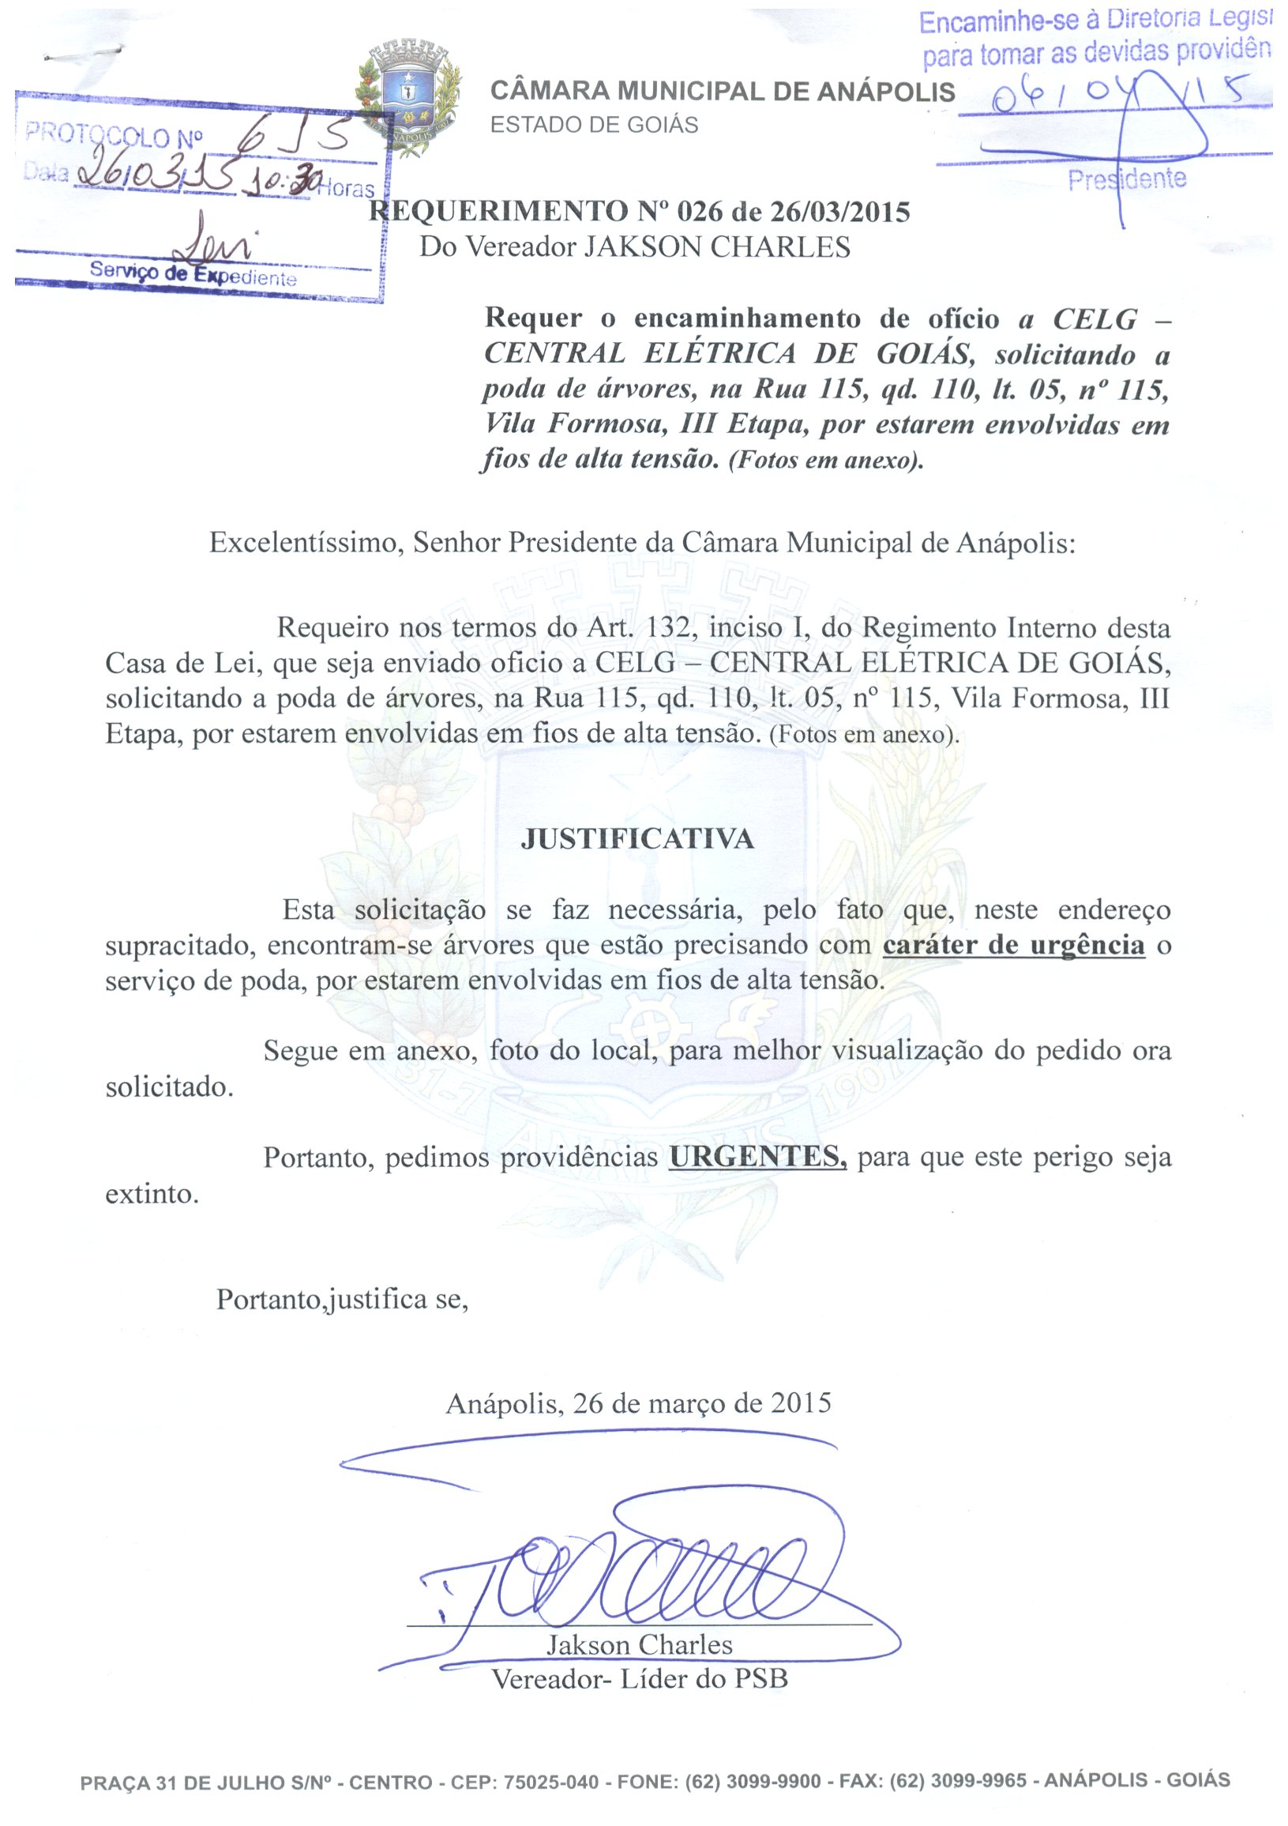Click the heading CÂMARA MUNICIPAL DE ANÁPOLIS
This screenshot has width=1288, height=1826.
point(722,92)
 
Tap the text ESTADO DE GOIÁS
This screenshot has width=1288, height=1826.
point(594,126)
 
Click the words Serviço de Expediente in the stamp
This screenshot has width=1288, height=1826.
point(193,274)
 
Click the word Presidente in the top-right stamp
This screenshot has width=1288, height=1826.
point(1127,179)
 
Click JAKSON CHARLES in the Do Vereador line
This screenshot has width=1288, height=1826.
point(717,247)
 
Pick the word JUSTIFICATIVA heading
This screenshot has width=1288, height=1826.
point(636,840)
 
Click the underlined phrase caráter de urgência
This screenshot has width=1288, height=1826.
point(1014,946)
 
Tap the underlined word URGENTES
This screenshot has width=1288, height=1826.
point(757,1158)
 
